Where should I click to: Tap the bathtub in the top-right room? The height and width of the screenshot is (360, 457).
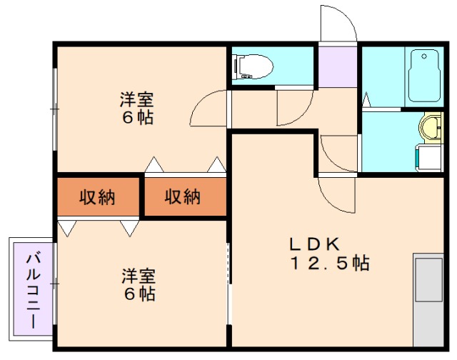[x=424, y=76]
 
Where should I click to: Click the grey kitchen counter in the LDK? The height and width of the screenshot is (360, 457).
[x=429, y=301]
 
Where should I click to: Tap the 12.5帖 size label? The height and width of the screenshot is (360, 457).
[x=328, y=263]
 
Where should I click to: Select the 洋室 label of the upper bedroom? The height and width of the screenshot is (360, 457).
[x=136, y=100]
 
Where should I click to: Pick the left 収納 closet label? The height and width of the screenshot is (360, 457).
[x=97, y=196]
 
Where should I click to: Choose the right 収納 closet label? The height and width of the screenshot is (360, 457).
[x=183, y=196]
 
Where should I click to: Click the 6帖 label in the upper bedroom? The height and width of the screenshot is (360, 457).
[x=136, y=118]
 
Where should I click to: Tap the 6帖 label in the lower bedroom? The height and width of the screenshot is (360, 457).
[x=139, y=294]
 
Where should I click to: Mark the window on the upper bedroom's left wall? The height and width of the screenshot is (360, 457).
[x=54, y=108]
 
